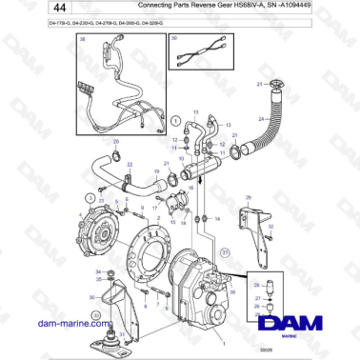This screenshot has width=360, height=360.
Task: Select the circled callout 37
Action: pos(226,252)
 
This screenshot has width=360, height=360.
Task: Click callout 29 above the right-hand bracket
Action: pos(248,197)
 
